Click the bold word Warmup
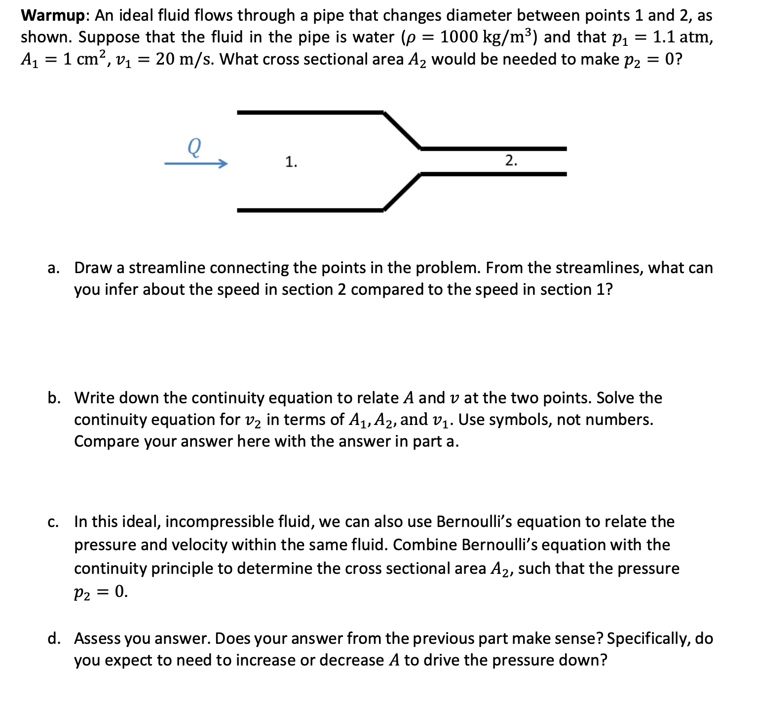point(53,16)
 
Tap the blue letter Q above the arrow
point(194,147)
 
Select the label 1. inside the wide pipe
point(291,162)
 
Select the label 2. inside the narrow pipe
point(511,160)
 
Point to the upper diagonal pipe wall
point(402,130)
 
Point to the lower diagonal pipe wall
point(402,192)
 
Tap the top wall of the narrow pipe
point(493,148)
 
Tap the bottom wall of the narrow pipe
point(493,174)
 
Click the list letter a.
point(53,268)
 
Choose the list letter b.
point(53,398)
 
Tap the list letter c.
point(53,522)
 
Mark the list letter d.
point(53,639)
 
